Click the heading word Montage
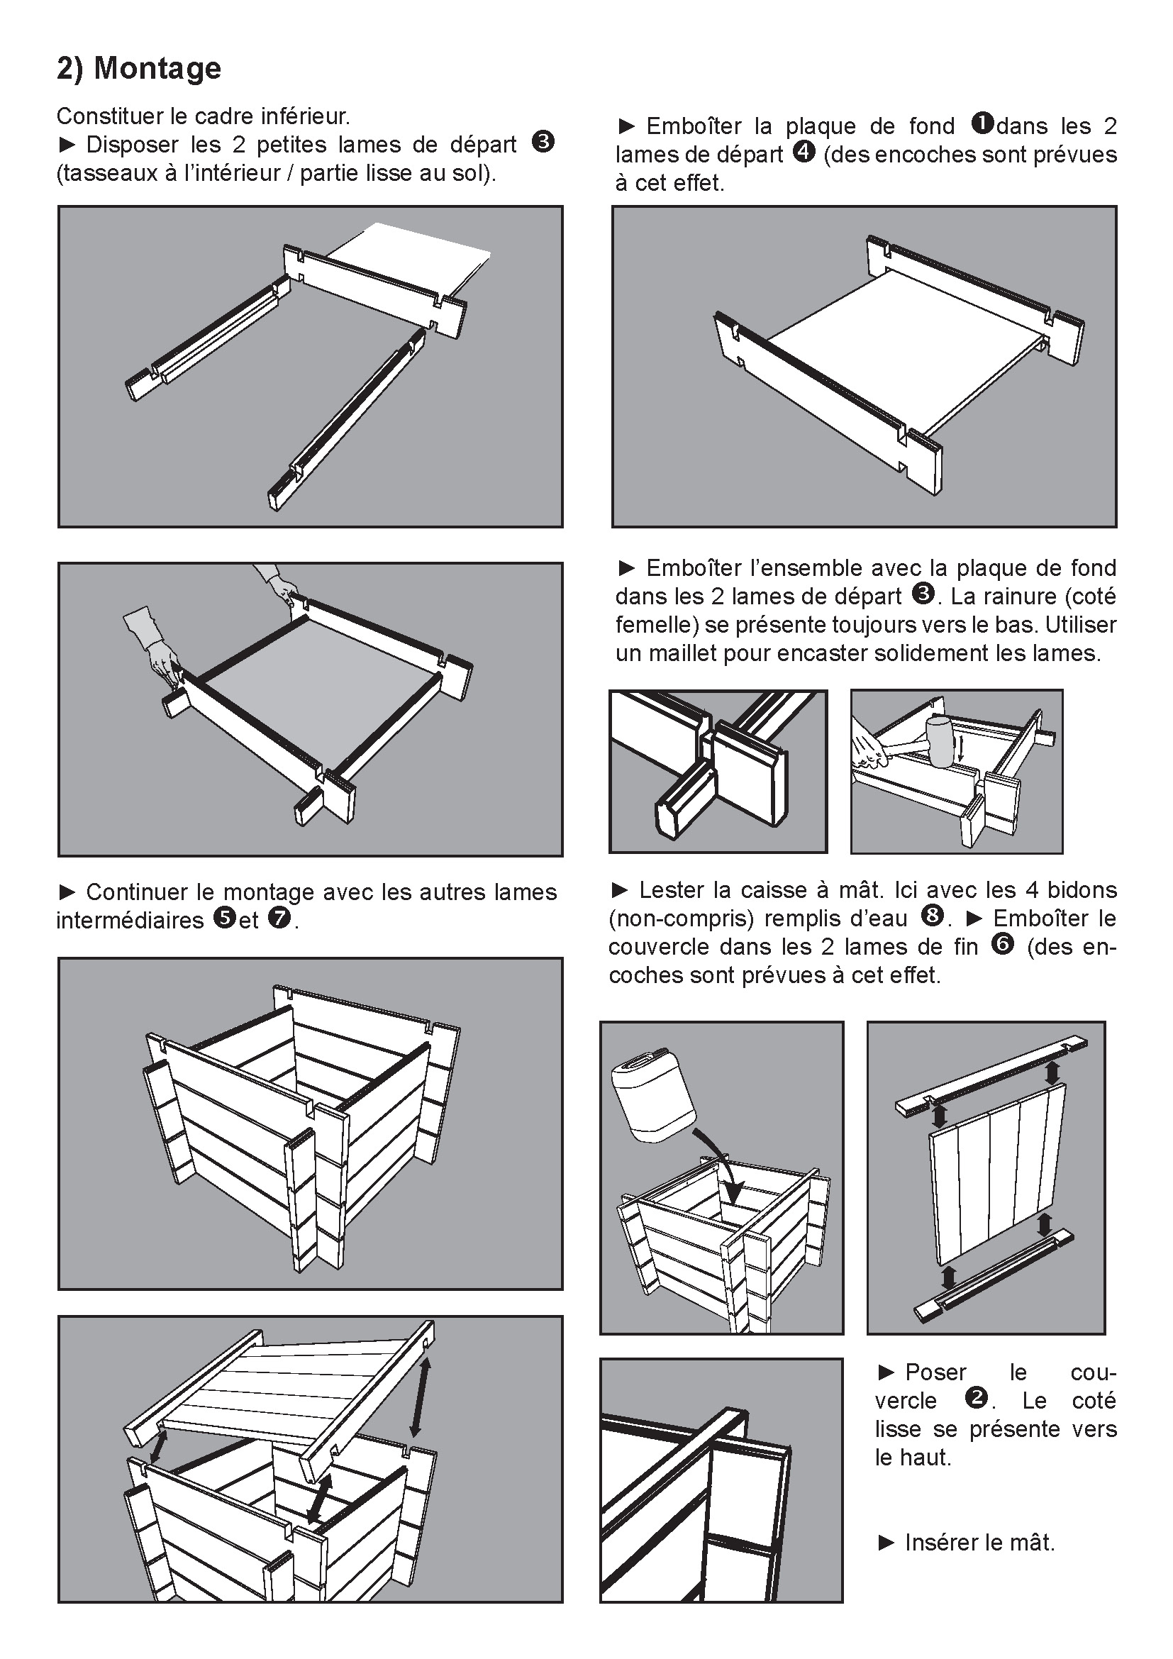click(x=157, y=69)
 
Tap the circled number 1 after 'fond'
click(x=982, y=123)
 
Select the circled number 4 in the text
click(x=804, y=152)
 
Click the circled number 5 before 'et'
click(x=225, y=918)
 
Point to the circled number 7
click(x=279, y=918)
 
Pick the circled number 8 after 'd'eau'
click(x=933, y=916)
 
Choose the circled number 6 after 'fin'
click(x=1003, y=943)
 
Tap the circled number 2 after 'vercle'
click(x=976, y=1398)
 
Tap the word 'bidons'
click(x=1082, y=889)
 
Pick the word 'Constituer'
click(x=109, y=116)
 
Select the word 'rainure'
click(x=1022, y=596)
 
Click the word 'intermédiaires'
click(x=130, y=921)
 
